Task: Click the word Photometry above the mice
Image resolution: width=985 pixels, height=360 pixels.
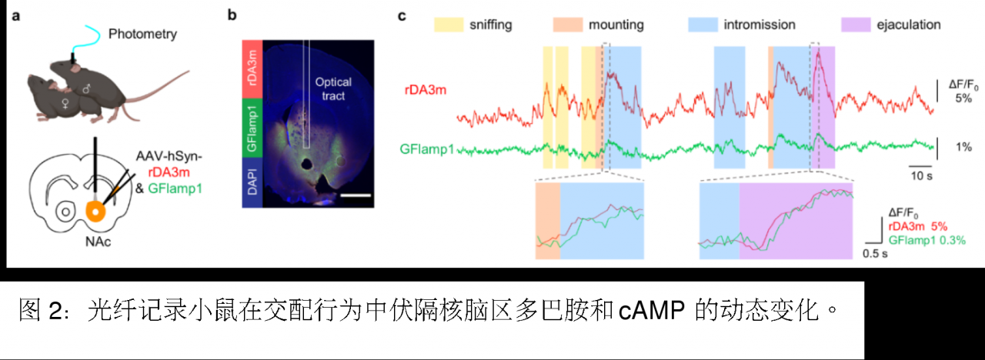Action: coord(142,34)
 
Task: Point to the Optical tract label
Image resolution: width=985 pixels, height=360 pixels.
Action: coord(333,89)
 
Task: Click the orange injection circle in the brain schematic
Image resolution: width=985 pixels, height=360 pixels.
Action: coord(95,210)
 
